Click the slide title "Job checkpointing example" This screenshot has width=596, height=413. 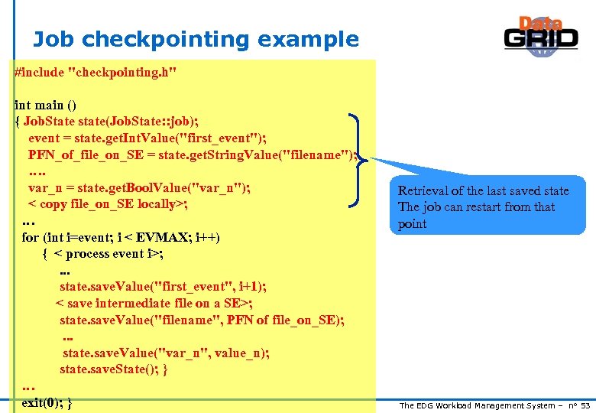click(x=196, y=40)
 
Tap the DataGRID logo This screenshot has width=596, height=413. click(x=540, y=36)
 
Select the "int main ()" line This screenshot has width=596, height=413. click(x=46, y=105)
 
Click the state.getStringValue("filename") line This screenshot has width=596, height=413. click(x=191, y=154)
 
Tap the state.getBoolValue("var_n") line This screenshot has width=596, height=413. click(x=140, y=188)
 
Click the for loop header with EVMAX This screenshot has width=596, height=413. click(x=121, y=237)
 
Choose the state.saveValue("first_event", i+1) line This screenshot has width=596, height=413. click(x=164, y=286)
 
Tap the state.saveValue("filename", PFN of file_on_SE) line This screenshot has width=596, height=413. click(x=202, y=320)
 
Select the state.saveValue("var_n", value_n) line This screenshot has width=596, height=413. click(x=166, y=353)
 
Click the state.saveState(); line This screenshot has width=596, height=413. click(x=114, y=369)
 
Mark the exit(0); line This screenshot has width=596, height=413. click(x=47, y=402)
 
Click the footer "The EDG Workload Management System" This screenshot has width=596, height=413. click(x=481, y=405)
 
